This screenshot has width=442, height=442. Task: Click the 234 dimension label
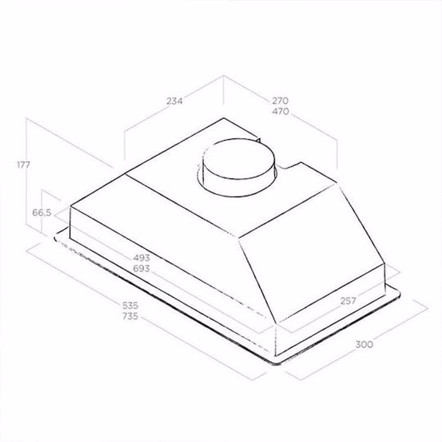(x=174, y=100)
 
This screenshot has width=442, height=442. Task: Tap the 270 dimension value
(x=280, y=100)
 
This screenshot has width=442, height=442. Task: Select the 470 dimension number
(x=281, y=111)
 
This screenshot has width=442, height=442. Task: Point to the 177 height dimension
(x=23, y=165)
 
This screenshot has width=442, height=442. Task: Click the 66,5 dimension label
(x=42, y=213)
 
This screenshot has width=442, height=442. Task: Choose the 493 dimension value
(x=141, y=258)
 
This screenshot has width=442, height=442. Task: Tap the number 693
(x=141, y=268)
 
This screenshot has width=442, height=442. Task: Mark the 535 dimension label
(x=130, y=305)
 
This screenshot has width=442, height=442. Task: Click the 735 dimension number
(x=130, y=316)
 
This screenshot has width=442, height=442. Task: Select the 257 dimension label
(x=348, y=301)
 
